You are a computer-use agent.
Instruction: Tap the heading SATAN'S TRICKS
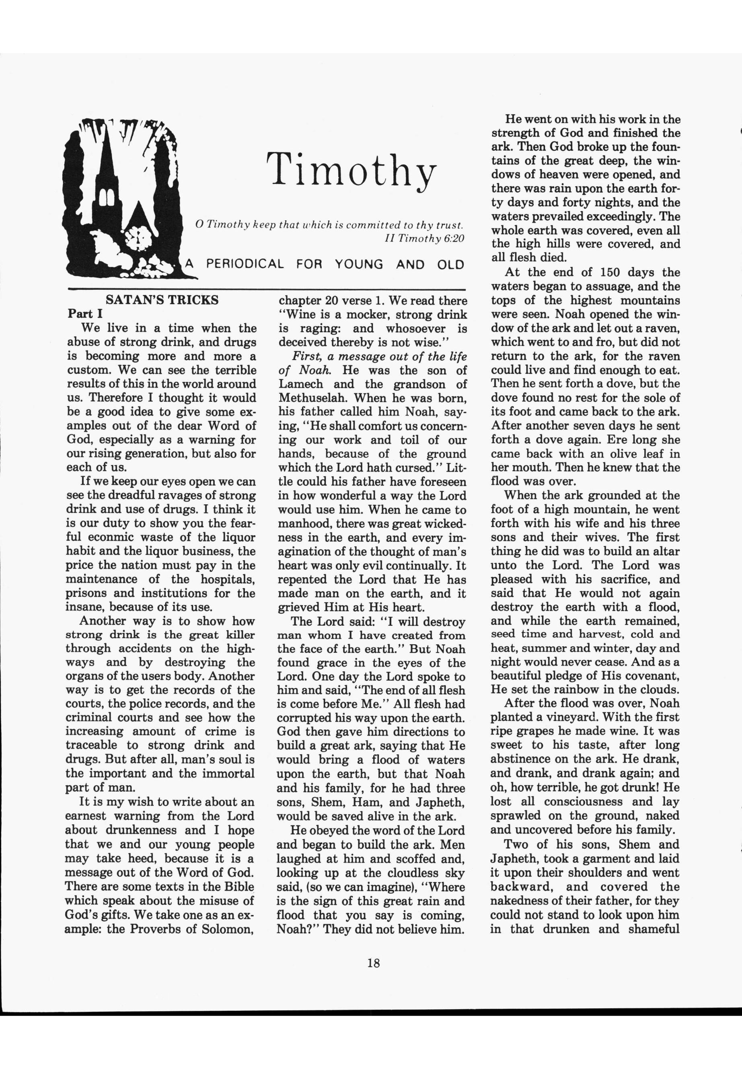pyautogui.click(x=162, y=300)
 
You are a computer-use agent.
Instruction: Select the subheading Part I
pyautogui.click(x=82, y=313)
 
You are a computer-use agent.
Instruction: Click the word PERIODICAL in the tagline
pyautogui.click(x=245, y=264)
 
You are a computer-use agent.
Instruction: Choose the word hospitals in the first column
pyautogui.click(x=227, y=580)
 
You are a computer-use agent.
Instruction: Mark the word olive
pyautogui.click(x=610, y=454)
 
